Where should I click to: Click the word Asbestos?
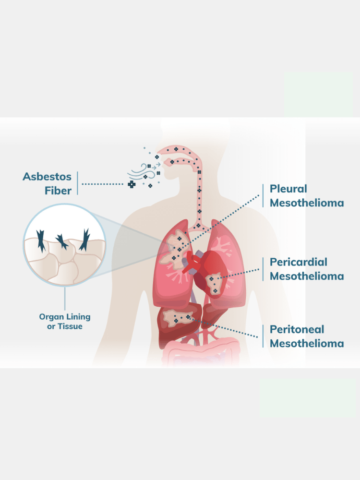[47, 176]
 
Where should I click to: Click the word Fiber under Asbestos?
[58, 191]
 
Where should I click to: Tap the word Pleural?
[288, 189]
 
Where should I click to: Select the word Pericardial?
[299, 262]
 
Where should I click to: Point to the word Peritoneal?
[297, 329]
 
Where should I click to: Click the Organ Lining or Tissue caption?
[65, 322]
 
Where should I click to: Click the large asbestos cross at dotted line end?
[132, 184]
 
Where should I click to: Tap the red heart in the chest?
[202, 269]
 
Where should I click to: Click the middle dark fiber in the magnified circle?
[61, 241]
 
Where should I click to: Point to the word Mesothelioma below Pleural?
[307, 203]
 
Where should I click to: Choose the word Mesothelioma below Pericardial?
[307, 276]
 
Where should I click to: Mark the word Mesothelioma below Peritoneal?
[307, 344]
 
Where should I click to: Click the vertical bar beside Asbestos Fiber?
[77, 183]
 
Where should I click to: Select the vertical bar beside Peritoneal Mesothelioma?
[263, 336]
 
